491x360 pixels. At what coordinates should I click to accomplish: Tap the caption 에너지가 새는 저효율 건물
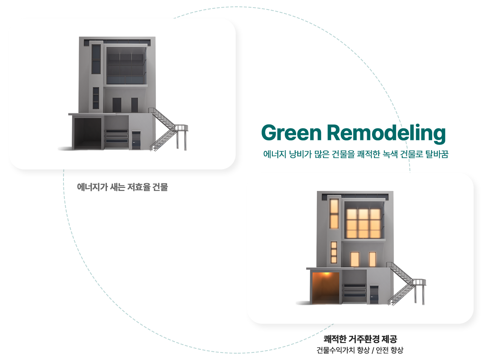(122, 187)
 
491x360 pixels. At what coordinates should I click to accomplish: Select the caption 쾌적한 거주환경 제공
(360, 338)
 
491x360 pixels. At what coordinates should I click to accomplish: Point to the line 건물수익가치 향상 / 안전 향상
(360, 350)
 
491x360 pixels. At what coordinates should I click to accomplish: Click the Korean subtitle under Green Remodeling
(356, 154)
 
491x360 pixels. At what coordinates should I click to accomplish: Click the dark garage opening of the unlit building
(88, 133)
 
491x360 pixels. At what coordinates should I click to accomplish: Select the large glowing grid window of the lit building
(363, 223)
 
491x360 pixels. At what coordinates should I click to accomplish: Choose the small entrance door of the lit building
(374, 294)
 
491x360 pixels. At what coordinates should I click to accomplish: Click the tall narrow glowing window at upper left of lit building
(334, 214)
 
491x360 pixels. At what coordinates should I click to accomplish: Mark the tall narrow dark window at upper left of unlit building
(96, 59)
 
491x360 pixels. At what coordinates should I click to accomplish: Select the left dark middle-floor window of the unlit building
(117, 105)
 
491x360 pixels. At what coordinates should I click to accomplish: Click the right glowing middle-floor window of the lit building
(372, 259)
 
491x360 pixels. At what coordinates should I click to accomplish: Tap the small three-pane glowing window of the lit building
(334, 252)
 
